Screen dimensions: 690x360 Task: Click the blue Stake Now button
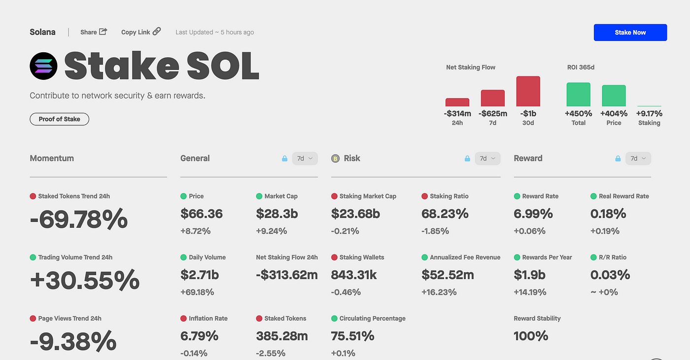click(x=630, y=33)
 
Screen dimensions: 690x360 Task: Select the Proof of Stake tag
click(x=60, y=119)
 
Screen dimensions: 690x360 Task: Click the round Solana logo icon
click(x=43, y=66)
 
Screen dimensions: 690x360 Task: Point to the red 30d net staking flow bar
click(x=528, y=91)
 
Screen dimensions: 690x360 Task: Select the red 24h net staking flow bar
click(x=457, y=103)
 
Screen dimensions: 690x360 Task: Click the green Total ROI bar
click(x=578, y=94)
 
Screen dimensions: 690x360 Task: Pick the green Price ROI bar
click(x=614, y=96)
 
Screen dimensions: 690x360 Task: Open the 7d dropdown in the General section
click(x=305, y=158)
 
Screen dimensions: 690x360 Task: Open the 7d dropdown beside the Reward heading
click(x=638, y=158)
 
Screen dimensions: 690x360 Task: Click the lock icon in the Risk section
click(x=467, y=158)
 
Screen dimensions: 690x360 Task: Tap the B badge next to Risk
click(x=335, y=158)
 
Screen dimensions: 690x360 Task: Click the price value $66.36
click(x=202, y=214)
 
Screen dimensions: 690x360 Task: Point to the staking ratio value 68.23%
click(x=445, y=214)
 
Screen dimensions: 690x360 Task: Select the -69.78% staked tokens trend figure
click(x=78, y=219)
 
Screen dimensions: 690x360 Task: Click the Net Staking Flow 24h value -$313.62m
click(x=287, y=275)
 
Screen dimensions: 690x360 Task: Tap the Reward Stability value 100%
click(x=531, y=336)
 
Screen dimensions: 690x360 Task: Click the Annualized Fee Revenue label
click(x=465, y=257)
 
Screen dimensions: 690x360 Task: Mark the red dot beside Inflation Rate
click(x=183, y=319)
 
